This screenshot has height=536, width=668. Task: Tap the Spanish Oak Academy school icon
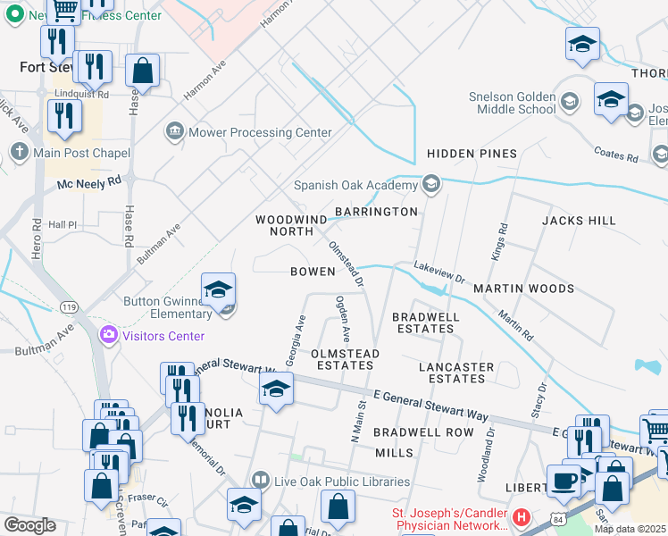tap(431, 185)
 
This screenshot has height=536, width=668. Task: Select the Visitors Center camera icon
tap(109, 335)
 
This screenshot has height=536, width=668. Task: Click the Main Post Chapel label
tap(82, 153)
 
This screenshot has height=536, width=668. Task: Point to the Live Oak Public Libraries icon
tap(260, 482)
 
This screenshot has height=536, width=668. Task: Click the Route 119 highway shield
tap(70, 306)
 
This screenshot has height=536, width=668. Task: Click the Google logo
tap(29, 524)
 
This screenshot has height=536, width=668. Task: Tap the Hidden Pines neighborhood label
tap(472, 154)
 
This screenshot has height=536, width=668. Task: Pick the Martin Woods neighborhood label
tap(523, 289)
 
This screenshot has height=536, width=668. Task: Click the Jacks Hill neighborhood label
tap(579, 220)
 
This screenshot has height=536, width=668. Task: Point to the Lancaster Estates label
tap(456, 373)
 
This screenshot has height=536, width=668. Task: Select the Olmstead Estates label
tap(345, 360)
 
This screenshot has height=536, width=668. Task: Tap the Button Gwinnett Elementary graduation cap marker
tap(218, 290)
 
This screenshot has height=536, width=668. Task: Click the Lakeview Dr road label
tap(439, 272)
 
